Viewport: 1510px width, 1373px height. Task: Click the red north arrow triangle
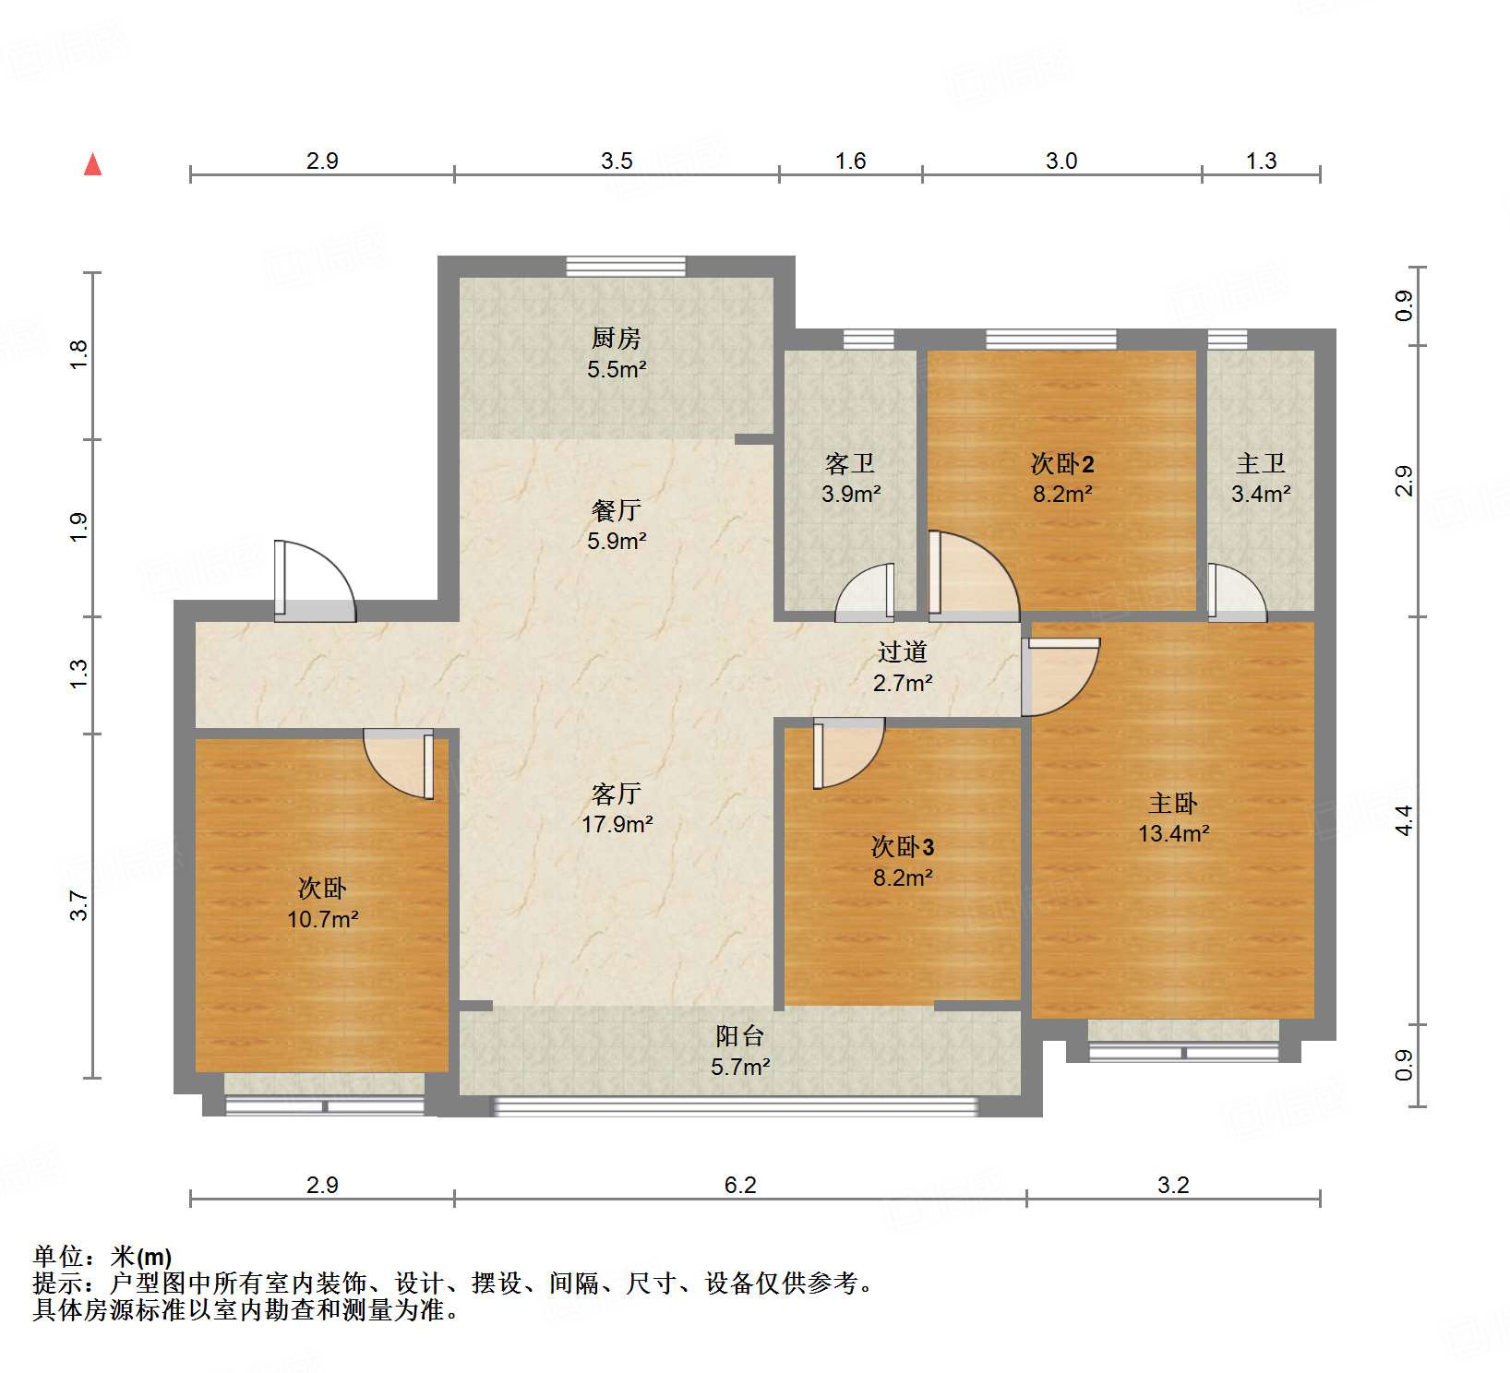92,165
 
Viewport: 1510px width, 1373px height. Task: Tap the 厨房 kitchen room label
616,339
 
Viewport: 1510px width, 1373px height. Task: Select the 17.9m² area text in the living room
617,824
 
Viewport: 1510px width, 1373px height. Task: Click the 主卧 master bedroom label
1172,803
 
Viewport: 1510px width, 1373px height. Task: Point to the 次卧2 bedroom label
1061,463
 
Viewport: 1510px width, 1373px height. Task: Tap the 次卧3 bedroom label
902,847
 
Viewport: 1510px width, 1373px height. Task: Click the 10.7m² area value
322,919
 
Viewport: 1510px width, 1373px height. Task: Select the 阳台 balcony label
739,1036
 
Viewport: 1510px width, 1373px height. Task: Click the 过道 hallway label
902,652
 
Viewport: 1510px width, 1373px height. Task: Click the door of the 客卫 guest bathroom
868,592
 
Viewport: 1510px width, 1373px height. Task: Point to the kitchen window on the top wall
626,267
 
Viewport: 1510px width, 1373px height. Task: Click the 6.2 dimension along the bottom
739,1185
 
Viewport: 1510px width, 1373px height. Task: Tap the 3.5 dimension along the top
617,161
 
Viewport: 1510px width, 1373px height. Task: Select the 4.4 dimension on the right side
1403,819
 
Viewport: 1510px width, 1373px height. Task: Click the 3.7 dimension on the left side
78,905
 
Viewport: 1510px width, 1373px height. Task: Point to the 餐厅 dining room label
616,510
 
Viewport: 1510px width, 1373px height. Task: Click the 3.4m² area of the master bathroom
1260,494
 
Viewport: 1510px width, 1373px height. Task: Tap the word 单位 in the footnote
58,1257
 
